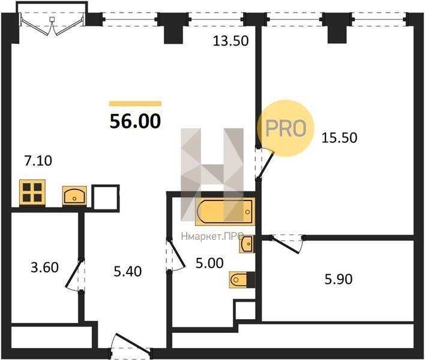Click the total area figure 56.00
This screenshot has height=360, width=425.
[135, 121]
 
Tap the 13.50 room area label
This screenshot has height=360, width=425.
[231, 41]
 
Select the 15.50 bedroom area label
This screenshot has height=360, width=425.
[339, 137]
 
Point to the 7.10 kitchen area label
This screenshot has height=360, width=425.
[38, 161]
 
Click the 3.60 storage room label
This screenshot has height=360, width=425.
[45, 268]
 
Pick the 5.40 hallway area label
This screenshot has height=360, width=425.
[128, 272]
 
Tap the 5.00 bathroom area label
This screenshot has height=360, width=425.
[209, 263]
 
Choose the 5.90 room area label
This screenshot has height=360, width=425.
[339, 279]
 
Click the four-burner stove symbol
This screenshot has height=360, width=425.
[32, 193]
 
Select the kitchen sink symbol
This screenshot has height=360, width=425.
[74, 196]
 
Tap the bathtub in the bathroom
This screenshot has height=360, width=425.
[225, 212]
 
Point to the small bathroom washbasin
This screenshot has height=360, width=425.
[246, 244]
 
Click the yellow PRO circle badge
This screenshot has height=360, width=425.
[285, 128]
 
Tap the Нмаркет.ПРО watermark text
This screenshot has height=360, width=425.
[212, 237]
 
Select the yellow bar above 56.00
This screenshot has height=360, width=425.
[135, 103]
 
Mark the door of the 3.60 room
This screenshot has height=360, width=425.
[75, 275]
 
